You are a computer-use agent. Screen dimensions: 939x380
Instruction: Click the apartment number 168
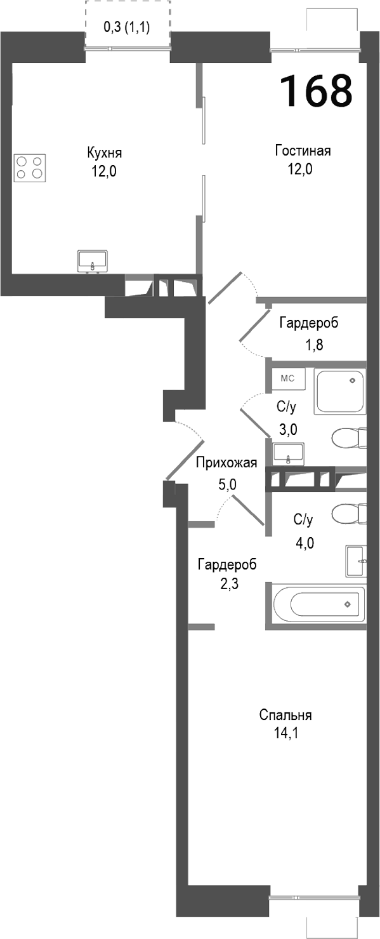pos(316,91)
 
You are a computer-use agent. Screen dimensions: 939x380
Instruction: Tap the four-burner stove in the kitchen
pos(30,167)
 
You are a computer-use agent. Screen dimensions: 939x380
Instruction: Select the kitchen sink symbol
pos(93,261)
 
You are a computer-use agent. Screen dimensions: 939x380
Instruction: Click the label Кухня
pos(105,153)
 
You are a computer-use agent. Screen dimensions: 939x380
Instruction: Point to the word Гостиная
pos(303,151)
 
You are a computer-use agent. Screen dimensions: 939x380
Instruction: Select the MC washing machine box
pos(288,379)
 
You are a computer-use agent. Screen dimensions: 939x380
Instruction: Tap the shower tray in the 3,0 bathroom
pos(341,391)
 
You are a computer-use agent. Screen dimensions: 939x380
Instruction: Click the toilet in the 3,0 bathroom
pos(349,437)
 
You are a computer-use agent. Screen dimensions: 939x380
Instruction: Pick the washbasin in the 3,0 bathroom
pos(289,454)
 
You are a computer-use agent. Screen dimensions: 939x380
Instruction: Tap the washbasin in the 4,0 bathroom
pos(356,561)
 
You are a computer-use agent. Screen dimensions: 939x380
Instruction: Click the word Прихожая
pos(226,462)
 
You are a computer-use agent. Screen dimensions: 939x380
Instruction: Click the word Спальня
pos(285,716)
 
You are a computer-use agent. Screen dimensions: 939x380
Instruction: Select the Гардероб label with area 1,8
pos(308,323)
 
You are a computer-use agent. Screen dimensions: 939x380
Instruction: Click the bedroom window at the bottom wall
pos(314,898)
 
